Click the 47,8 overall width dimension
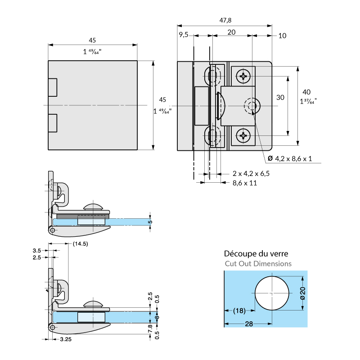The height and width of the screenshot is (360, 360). [x=225, y=20]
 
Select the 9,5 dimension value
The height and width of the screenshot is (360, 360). [x=183, y=35]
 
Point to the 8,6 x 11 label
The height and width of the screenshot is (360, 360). [x=244, y=183]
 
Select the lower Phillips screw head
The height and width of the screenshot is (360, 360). [x=244, y=135]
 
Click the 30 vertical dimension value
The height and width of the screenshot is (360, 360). [x=280, y=98]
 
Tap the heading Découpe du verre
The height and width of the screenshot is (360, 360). [x=256, y=254]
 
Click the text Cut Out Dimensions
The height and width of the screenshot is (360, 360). [x=258, y=264]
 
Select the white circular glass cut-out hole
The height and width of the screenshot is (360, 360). [x=272, y=293]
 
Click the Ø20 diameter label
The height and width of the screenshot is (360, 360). [x=302, y=293]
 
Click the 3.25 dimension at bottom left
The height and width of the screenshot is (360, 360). [x=66, y=340]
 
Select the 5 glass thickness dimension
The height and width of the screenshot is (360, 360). [x=151, y=222]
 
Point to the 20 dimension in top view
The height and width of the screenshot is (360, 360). [x=232, y=32]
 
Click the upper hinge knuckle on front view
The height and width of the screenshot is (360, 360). [x=53, y=87]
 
